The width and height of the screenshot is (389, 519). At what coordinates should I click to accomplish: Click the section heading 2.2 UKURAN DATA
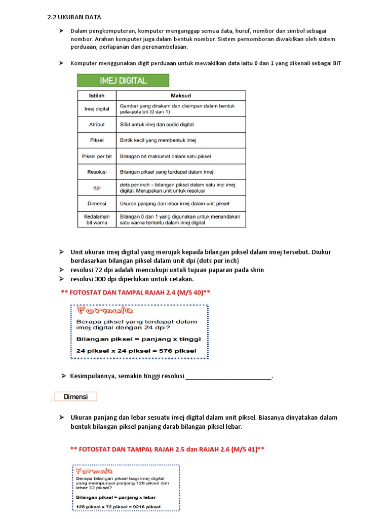coord(74,17)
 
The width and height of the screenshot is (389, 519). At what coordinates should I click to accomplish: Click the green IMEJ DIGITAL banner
coord(123,80)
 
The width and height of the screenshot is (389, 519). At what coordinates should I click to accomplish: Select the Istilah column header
coord(96,95)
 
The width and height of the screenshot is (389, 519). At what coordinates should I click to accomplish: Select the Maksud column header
coord(181,95)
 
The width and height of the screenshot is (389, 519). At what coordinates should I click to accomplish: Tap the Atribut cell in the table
coord(96,124)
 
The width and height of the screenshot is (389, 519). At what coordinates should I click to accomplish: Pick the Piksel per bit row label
coord(96,156)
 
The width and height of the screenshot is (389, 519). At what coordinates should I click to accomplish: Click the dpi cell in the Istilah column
coord(96,188)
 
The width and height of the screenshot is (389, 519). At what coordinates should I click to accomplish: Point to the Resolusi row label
coord(96,172)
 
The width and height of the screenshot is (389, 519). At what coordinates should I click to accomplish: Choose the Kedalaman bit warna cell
coord(96,219)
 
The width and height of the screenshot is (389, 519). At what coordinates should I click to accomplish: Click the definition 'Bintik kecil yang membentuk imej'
coord(158,140)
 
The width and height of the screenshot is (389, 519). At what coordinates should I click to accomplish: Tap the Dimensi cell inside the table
coord(96,203)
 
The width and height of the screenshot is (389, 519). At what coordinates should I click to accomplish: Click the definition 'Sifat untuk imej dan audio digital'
coord(157,124)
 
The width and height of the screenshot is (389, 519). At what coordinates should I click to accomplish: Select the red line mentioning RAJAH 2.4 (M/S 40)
coord(135,292)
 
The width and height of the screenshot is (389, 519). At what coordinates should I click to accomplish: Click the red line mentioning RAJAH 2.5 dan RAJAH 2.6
coord(167,449)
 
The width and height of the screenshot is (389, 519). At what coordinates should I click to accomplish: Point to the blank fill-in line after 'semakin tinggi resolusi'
coord(228,377)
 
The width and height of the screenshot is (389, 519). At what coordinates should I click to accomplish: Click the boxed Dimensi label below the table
coord(75,397)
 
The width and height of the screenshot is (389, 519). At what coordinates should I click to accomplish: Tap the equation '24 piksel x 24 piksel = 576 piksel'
coord(136,351)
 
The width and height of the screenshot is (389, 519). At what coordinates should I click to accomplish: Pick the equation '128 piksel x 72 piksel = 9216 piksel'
coord(118,507)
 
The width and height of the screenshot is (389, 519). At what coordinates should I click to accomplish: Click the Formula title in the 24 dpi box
coord(105,311)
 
